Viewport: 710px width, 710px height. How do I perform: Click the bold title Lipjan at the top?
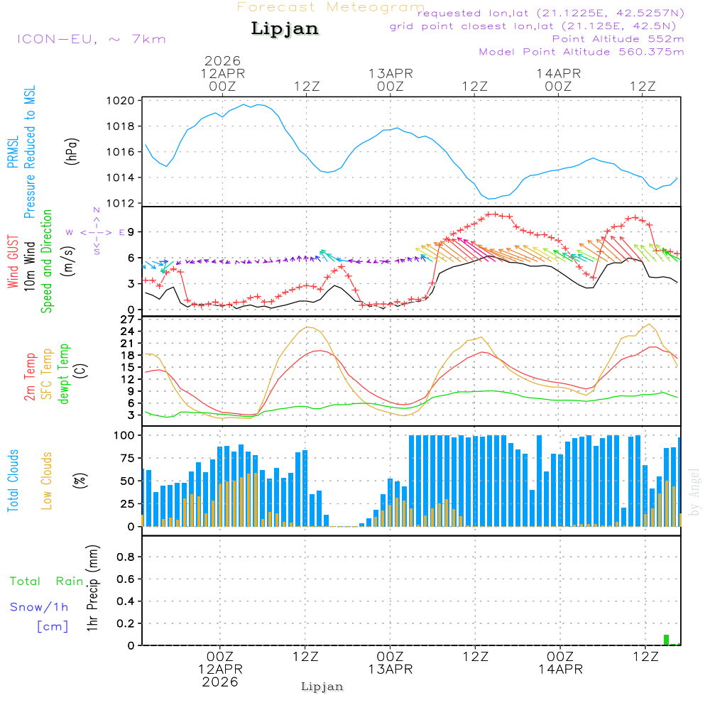285,29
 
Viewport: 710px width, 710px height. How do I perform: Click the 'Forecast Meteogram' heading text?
331,7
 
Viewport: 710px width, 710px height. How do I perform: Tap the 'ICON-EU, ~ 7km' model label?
91,39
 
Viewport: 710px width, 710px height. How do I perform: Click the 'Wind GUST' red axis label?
13,261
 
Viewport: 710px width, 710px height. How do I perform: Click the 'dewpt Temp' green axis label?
64,374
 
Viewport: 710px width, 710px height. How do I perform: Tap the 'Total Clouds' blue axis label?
13,481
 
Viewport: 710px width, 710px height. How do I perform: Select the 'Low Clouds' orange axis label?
47,481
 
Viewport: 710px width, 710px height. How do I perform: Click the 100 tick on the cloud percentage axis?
125,435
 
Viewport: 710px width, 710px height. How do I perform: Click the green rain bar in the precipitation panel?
666,640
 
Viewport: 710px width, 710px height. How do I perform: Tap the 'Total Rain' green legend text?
46,581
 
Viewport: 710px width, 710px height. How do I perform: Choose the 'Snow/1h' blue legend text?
39,608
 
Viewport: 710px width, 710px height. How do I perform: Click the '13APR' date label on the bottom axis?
390,669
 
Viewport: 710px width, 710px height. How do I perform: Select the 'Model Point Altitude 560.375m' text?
581,52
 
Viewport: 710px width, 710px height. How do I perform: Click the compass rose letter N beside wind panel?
97,211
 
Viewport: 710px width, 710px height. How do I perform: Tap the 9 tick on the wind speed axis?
131,232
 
